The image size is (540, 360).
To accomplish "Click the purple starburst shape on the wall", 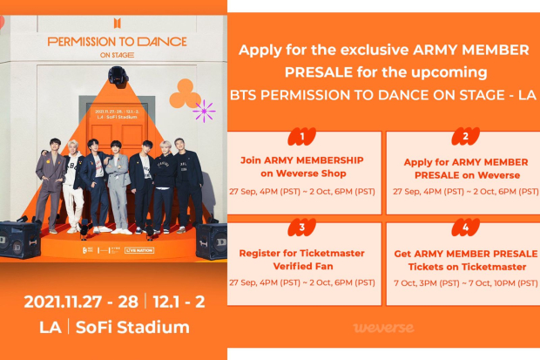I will (x=204, y=111).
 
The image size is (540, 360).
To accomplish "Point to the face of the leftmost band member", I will (x=54, y=145).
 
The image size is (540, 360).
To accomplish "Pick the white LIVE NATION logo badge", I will (x=139, y=251).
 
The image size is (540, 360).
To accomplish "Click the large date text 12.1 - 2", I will (x=176, y=302).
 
